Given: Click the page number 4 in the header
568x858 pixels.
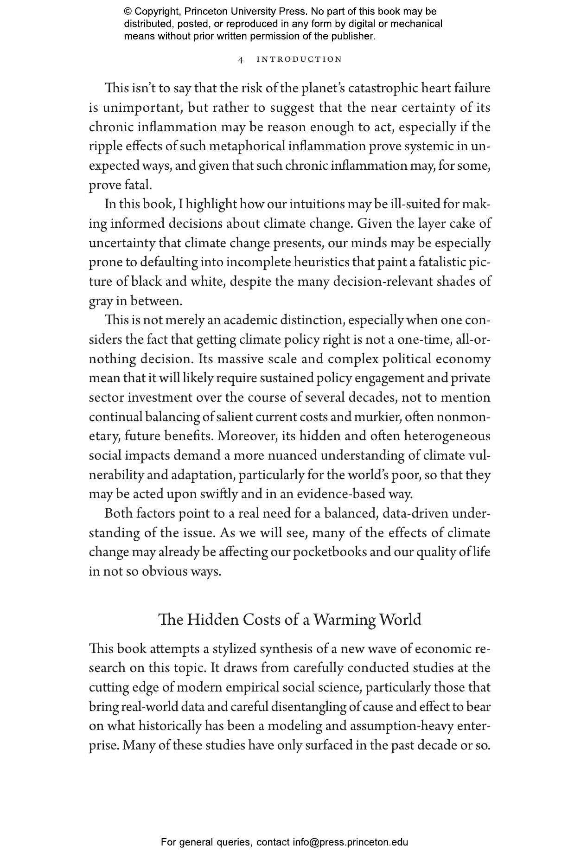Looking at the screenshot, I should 241,59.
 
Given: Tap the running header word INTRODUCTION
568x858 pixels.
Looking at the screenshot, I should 299,59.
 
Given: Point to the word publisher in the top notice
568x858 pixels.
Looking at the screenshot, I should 352,36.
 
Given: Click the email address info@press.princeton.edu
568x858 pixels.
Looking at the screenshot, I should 350,842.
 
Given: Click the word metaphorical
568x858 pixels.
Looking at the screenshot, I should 247,146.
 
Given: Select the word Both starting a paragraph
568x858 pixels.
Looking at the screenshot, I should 118,513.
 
